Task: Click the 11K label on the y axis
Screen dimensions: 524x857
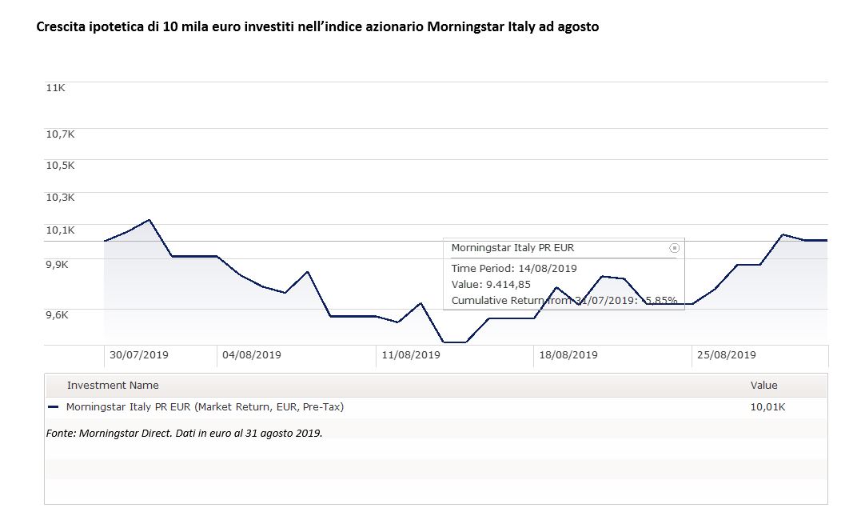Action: coord(55,88)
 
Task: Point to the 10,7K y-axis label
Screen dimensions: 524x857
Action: coord(60,134)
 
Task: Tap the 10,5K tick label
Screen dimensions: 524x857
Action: coord(60,166)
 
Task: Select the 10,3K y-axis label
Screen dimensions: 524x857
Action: coord(60,198)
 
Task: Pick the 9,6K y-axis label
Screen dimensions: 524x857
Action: coord(58,314)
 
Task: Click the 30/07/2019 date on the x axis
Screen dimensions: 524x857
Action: coord(139,354)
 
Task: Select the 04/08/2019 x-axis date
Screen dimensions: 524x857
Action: coord(252,354)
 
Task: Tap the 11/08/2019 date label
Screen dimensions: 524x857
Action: coord(411,354)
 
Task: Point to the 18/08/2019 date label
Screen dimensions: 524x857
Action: coord(568,354)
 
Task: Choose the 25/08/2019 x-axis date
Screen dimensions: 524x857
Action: coord(727,354)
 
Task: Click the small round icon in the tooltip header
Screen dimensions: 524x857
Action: coord(674,248)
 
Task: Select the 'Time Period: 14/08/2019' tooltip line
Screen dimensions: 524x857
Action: coord(514,268)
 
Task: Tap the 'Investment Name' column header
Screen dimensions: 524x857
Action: coord(113,386)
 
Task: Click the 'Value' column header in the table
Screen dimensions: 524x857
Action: coord(763,386)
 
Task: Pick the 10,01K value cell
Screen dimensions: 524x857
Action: coord(767,407)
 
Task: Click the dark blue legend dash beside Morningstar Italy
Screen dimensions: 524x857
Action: coord(54,407)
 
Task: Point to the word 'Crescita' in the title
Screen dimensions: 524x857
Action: coord(60,27)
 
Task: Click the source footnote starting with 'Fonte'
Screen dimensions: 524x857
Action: coord(184,433)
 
